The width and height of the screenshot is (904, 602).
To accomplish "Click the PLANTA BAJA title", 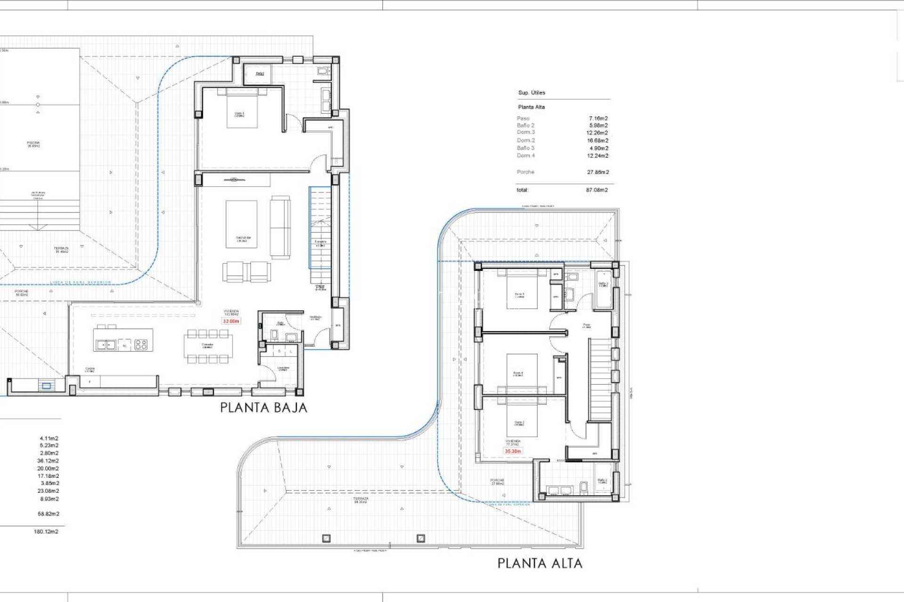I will click(x=264, y=408).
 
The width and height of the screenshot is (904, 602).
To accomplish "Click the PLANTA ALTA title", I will click(x=540, y=563).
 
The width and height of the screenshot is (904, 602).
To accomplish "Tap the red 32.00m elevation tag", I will click(x=231, y=321).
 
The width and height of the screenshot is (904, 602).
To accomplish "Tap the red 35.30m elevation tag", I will click(x=513, y=451).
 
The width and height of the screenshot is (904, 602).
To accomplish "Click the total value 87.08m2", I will click(x=597, y=190).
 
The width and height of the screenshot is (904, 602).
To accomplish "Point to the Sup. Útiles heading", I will click(x=532, y=93).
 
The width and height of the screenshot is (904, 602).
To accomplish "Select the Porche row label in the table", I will click(x=525, y=172).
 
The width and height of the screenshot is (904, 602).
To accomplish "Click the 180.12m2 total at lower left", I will click(x=46, y=531).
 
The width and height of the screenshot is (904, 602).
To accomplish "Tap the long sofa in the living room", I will click(x=280, y=227).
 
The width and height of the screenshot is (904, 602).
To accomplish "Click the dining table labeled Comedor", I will click(x=208, y=346).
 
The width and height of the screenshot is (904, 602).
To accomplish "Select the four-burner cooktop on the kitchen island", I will click(x=141, y=344).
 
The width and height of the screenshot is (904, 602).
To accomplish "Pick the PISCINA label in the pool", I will click(x=33, y=144).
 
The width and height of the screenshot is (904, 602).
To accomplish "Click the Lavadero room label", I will click(x=283, y=369).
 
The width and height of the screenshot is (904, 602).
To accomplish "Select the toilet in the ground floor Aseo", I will click(x=274, y=334).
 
